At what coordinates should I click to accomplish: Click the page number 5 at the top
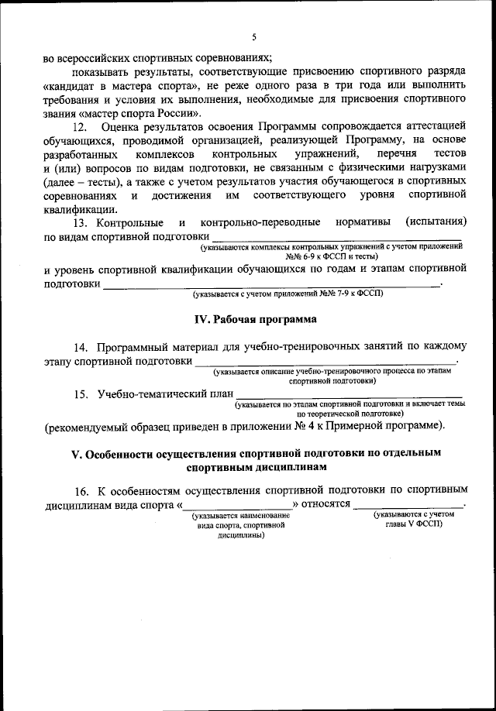point(253,37)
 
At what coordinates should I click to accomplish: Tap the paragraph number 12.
point(79,125)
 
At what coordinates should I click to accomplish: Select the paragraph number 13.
point(79,222)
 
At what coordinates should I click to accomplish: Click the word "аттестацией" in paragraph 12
point(431,125)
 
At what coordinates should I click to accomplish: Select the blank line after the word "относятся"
point(408,506)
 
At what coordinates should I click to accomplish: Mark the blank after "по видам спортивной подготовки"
point(337,237)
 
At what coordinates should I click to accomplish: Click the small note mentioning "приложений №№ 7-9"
point(288,294)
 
